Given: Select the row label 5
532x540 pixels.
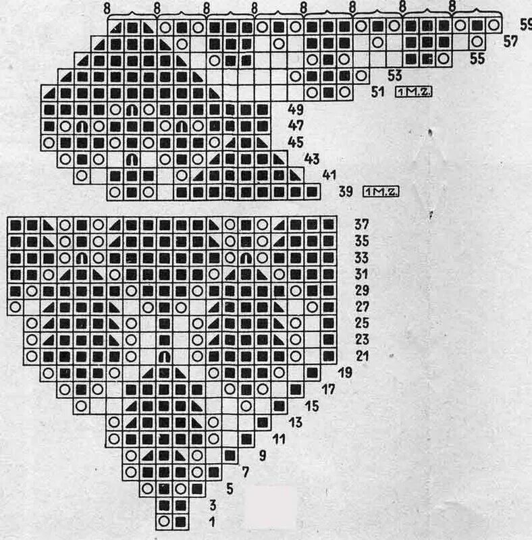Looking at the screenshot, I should tap(230, 488).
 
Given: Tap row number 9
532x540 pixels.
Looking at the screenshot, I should tap(262, 455).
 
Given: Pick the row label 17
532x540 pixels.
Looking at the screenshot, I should tap(329, 389).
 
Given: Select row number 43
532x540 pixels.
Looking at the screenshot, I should tap(312, 159).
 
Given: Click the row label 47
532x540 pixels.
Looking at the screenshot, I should tap(295, 126).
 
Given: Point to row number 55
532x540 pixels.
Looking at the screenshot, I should tap(477, 59).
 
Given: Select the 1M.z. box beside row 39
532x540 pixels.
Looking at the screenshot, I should tap(381, 192).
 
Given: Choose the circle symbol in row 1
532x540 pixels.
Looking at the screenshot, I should tap(164, 521).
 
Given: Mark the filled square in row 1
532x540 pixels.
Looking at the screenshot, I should tap(180, 521).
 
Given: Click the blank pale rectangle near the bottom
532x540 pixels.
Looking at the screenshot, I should tap(271, 505).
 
